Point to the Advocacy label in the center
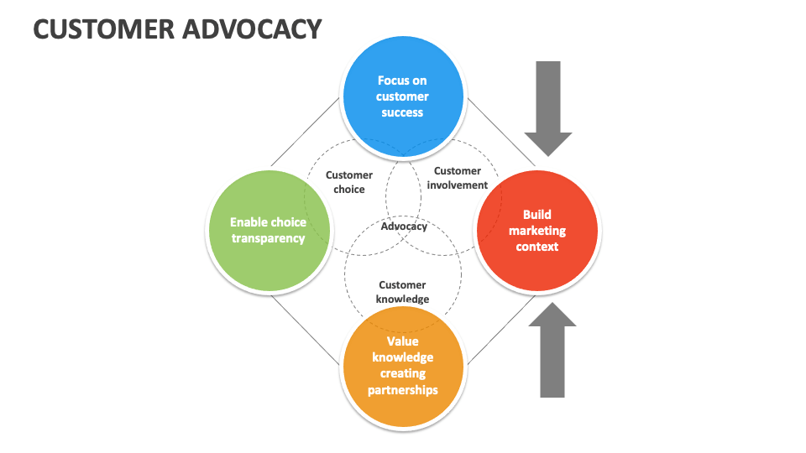click(404, 226)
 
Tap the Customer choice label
click(349, 182)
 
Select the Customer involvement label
click(457, 178)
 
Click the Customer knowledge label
click(402, 292)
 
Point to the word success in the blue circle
click(402, 112)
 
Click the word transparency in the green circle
click(268, 238)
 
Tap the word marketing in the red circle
click(537, 231)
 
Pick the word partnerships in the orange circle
click(402, 389)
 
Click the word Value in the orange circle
click(402, 341)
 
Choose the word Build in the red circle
click(537, 215)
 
